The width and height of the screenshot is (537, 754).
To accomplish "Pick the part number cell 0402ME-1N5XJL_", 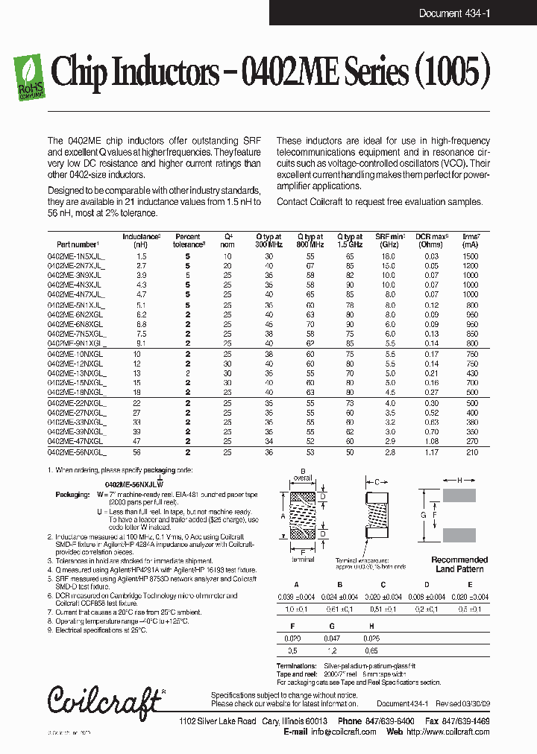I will [x=76, y=256].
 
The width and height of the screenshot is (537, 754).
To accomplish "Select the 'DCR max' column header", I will [x=430, y=240].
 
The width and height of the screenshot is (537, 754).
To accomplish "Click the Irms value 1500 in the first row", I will [x=470, y=256].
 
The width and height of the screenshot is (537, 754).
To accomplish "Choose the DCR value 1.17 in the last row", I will [x=430, y=452].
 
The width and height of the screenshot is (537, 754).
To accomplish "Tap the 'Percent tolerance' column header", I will [x=188, y=240].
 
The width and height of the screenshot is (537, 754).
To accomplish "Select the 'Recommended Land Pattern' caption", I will [x=459, y=564].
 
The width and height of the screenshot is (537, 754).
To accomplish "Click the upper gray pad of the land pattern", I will [x=459, y=495].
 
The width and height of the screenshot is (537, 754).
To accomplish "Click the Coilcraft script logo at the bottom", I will [x=105, y=700].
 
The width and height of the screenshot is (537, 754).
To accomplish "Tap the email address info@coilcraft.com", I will [x=344, y=732].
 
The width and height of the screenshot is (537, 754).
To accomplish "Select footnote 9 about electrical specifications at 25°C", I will [x=97, y=630].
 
